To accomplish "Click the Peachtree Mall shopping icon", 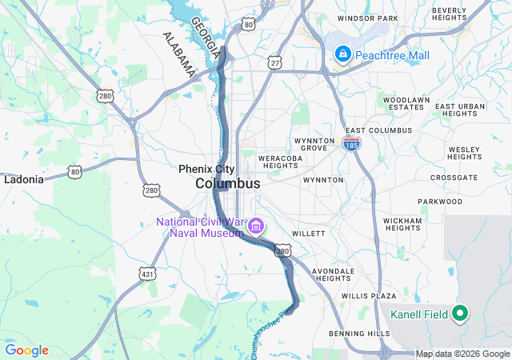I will point(342,54).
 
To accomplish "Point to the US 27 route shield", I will point(274,62).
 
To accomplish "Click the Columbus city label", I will point(228,183).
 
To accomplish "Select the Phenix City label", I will point(206,169).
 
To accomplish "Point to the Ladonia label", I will point(24,179).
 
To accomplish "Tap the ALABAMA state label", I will point(178,54).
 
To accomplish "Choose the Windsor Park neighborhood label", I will point(367,18).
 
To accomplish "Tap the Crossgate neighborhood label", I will point(454,178).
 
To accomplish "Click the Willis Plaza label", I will point(369,296).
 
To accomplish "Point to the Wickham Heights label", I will point(402,223).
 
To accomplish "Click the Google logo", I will point(26,350).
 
